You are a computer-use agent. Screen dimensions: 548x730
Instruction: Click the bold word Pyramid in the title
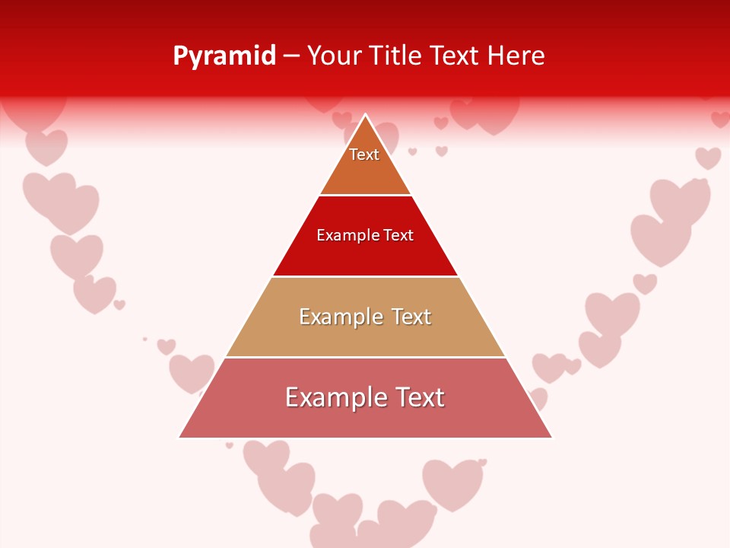224,56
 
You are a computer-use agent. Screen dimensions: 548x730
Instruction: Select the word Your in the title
333,56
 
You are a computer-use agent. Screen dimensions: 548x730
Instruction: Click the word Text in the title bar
455,56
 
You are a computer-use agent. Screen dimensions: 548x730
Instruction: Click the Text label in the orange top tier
364,155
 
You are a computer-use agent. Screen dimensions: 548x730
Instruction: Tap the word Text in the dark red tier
398,236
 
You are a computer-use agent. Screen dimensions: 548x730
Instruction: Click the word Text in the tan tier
411,317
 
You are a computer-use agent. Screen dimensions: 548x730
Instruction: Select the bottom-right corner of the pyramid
551,437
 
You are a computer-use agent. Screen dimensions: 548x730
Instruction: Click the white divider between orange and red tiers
366,196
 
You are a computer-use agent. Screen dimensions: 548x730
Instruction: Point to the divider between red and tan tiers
366,276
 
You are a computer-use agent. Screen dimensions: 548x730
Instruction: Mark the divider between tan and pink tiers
366,357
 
